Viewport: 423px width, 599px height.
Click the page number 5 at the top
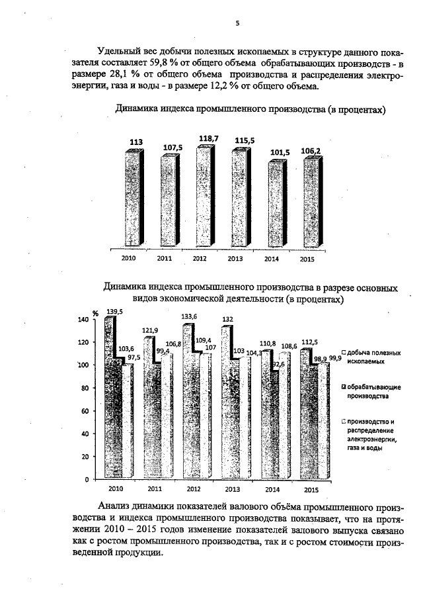click(x=236, y=24)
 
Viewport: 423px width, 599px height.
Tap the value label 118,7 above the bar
click(x=208, y=138)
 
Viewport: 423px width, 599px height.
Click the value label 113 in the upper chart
click(x=136, y=142)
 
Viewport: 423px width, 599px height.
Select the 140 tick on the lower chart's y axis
click(x=83, y=320)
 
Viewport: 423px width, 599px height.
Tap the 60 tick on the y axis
click(x=85, y=411)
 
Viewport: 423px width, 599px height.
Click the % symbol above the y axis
click(x=95, y=312)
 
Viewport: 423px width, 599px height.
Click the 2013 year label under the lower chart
click(x=233, y=489)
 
